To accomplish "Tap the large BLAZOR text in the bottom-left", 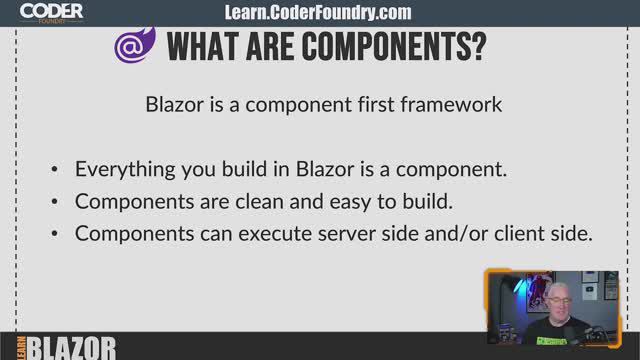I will (72, 347).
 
